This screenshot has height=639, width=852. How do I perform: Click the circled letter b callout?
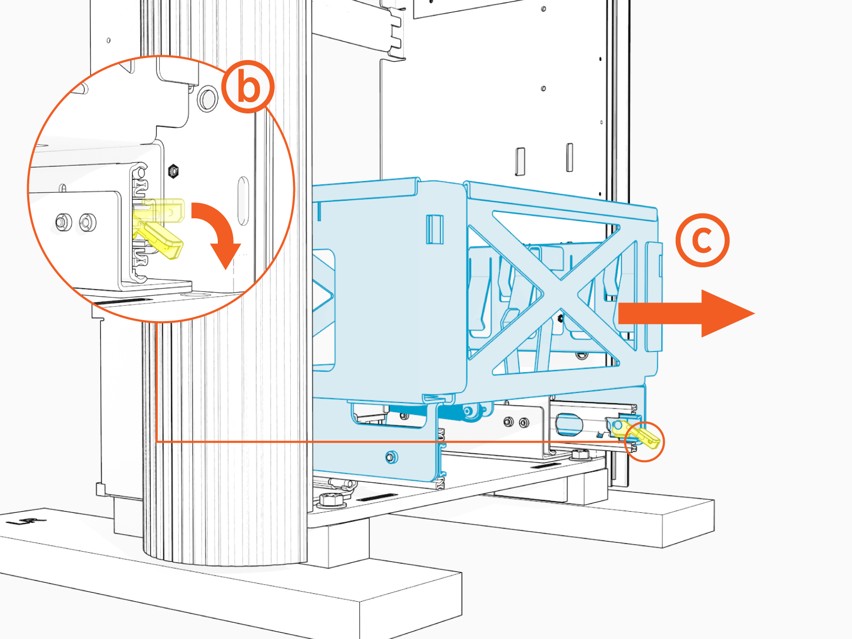coord(248,86)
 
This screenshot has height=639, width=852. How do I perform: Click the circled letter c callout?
coord(702,240)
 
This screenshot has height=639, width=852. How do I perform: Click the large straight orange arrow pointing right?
coord(687,314)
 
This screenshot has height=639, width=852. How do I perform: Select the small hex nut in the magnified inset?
coord(173,171)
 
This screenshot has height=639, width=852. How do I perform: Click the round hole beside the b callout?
coord(207,99)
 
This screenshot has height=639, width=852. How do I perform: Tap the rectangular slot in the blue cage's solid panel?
coord(435,229)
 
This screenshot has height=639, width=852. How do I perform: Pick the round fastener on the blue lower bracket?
coord(391,457)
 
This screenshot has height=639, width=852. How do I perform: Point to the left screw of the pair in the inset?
coord(64,221)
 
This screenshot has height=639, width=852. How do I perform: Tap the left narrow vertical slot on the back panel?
coord(520,161)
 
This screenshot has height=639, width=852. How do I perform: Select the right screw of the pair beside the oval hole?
coord(524,423)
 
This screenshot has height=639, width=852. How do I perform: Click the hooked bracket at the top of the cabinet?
coord(395,32)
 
